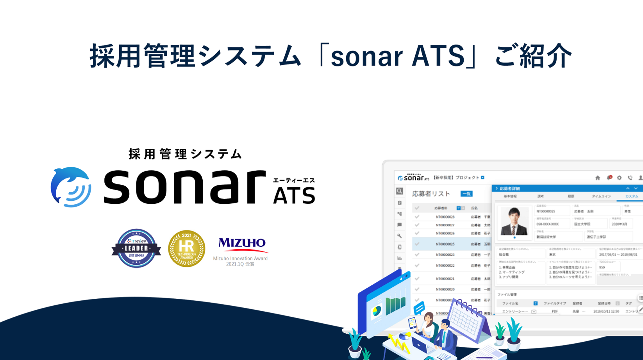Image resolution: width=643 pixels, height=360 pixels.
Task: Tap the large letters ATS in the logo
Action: coord(294,196)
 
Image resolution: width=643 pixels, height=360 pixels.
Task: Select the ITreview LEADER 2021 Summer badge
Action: coord(136,248)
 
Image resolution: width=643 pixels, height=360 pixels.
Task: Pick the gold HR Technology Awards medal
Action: coord(187,248)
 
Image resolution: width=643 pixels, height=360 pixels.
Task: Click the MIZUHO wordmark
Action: coord(242,243)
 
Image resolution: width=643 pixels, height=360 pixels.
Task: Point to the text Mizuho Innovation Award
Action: coord(240,258)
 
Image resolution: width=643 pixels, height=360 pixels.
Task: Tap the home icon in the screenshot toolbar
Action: coord(597,178)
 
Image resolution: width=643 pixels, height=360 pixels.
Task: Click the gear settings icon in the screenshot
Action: coord(619,178)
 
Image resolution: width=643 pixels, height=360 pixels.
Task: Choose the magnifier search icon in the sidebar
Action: coord(399,191)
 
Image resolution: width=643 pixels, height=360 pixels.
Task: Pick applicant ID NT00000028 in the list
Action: coord(445,217)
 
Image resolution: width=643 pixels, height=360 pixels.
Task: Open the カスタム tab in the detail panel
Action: coord(631,196)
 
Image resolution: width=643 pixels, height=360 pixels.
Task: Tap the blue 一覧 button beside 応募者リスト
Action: coord(466,194)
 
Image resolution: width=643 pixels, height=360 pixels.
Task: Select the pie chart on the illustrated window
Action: coord(376,311)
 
